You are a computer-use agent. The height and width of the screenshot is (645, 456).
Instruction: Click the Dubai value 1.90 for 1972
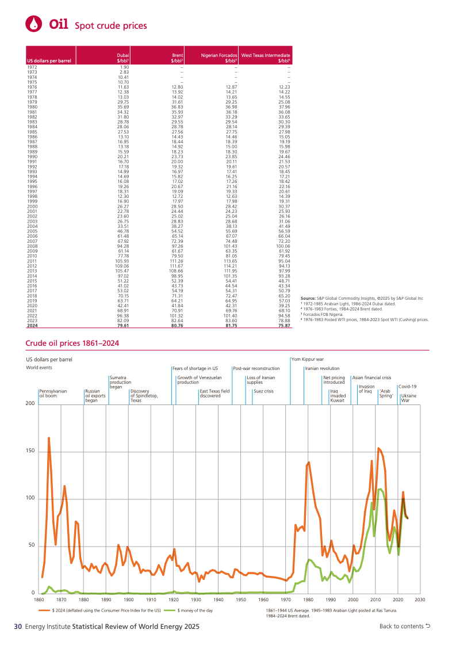(x=124, y=68)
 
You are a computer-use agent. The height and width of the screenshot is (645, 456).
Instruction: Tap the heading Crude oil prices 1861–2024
(x=72, y=344)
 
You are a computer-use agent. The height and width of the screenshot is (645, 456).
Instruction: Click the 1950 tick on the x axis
(x=241, y=600)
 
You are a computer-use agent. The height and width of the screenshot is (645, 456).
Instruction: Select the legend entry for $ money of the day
(x=195, y=610)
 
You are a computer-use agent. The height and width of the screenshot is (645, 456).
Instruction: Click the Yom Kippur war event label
(x=308, y=359)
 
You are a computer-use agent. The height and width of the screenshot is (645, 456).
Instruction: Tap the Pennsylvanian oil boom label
(x=53, y=394)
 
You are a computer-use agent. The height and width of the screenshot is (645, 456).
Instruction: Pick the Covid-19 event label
(x=407, y=387)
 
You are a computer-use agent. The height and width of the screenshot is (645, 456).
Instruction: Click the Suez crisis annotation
(x=263, y=391)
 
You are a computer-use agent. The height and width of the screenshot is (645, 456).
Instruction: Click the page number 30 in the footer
(x=18, y=626)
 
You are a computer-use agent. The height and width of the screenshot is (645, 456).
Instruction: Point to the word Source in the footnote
(x=308, y=299)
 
